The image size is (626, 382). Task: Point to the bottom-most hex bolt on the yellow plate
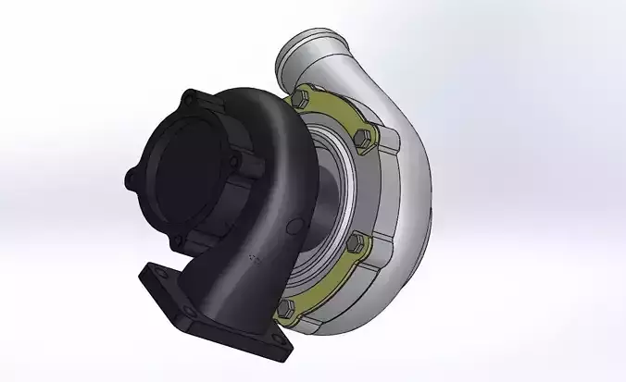pyautogui.click(x=288, y=308)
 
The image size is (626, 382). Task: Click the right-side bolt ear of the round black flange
pyautogui.click(x=235, y=163)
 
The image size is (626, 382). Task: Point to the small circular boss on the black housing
pyautogui.click(x=294, y=226)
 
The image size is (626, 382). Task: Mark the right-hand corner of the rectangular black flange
pyautogui.click(x=279, y=350)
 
